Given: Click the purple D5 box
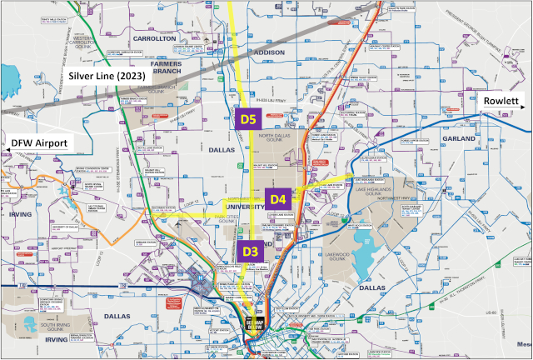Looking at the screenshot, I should [x=248, y=120].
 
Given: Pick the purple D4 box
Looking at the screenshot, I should [x=278, y=199].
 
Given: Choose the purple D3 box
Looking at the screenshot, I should [x=250, y=250].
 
